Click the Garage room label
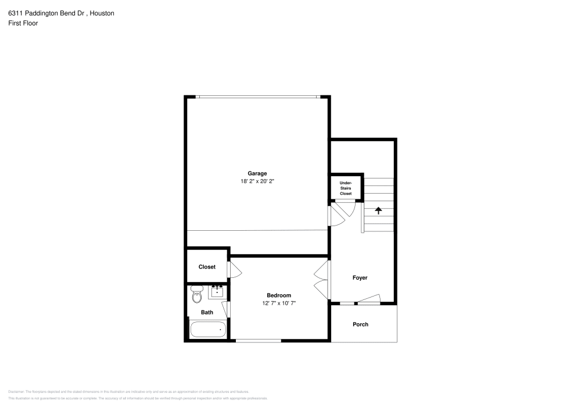pyautogui.click(x=257, y=173)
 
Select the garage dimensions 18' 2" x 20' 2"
pyautogui.click(x=257, y=181)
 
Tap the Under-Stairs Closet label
pyautogui.click(x=346, y=188)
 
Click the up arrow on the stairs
pyautogui.click(x=379, y=210)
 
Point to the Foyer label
pyautogui.click(x=360, y=278)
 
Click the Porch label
pyautogui.click(x=360, y=324)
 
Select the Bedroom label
pyautogui.click(x=279, y=295)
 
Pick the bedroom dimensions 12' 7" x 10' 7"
pyautogui.click(x=279, y=303)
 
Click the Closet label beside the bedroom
pyautogui.click(x=207, y=267)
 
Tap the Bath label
pyautogui.click(x=207, y=312)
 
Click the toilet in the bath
pyautogui.click(x=196, y=296)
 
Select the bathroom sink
pyautogui.click(x=217, y=291)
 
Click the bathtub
pyautogui.click(x=207, y=330)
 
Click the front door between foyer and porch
pyautogui.click(x=368, y=301)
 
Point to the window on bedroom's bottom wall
pyautogui.click(x=258, y=341)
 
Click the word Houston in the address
pyautogui.click(x=102, y=13)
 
